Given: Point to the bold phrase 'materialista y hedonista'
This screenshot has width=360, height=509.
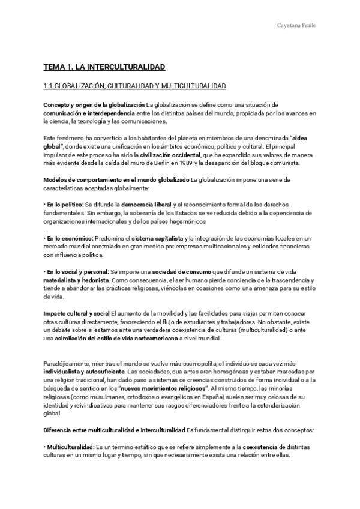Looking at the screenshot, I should point(77,280).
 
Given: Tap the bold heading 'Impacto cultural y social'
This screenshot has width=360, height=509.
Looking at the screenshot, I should point(76,313).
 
